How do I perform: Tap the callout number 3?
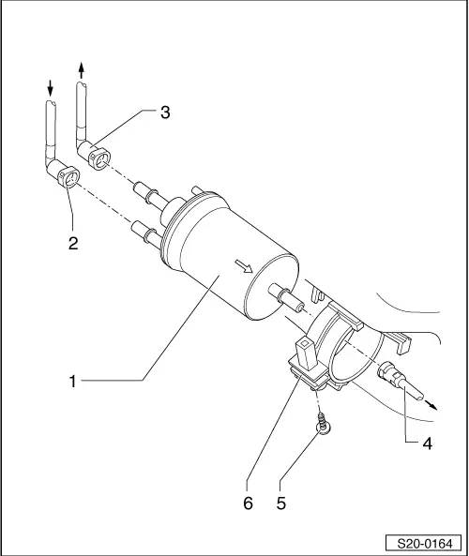tap(164, 113)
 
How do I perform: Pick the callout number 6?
tap(248, 503)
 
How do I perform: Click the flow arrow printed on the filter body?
tap(247, 269)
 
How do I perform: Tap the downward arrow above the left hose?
tap(51, 87)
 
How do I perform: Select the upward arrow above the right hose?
tap(82, 68)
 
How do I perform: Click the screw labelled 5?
tap(322, 428)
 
